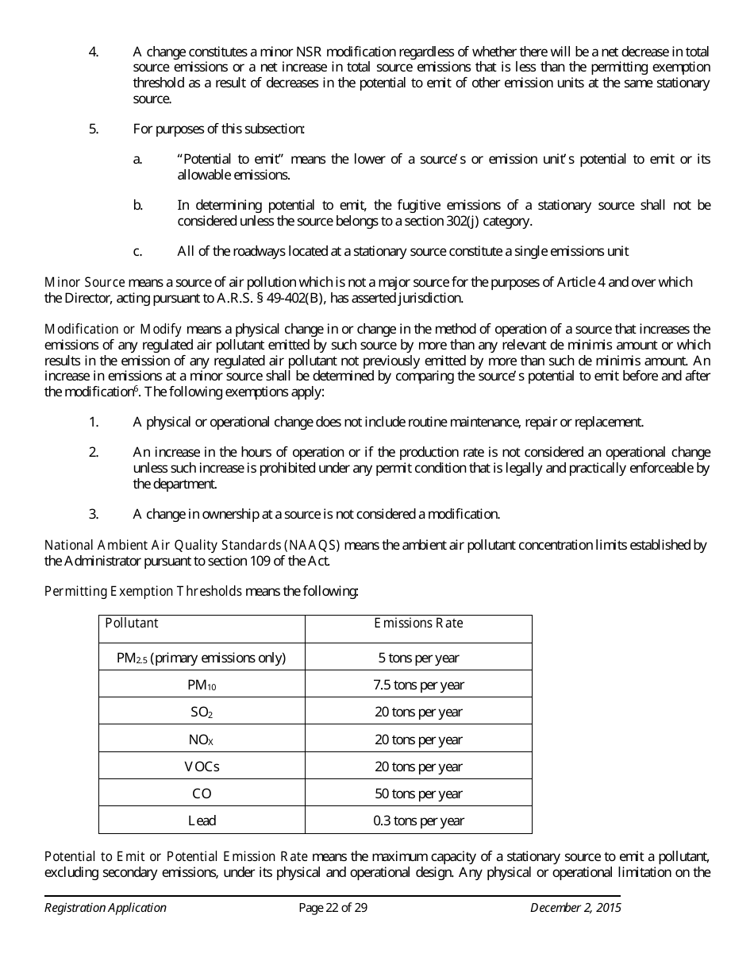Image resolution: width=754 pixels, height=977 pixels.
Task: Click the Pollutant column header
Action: [x=132, y=624]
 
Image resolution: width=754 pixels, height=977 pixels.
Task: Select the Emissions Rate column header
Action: [x=418, y=624]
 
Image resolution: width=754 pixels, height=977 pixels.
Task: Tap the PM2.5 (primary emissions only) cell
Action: [x=201, y=658]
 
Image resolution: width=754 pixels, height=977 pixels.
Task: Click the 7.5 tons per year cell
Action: [x=418, y=685]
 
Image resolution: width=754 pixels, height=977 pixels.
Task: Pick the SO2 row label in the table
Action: [x=202, y=712]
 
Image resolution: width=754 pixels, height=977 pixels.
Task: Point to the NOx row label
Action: [x=202, y=740]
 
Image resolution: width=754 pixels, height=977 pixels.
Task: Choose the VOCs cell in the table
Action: [x=202, y=767]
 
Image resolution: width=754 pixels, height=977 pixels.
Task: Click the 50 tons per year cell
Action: [x=418, y=794]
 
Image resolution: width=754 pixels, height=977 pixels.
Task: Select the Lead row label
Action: [x=202, y=821]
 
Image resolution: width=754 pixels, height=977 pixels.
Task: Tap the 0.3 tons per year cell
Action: [x=418, y=821]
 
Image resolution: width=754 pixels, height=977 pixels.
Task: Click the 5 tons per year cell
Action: [x=418, y=658]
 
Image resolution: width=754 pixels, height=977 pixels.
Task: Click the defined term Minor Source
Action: [x=85, y=282]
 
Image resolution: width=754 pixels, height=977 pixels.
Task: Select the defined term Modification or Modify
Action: [x=113, y=329]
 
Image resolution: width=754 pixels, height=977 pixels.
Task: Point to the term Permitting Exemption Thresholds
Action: [x=143, y=591]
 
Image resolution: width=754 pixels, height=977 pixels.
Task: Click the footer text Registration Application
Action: [x=106, y=908]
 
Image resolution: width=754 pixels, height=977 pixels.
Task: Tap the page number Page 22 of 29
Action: [x=333, y=908]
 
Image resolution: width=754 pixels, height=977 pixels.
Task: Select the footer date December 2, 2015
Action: [x=575, y=908]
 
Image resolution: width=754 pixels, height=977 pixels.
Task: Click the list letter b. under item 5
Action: [x=138, y=206]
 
